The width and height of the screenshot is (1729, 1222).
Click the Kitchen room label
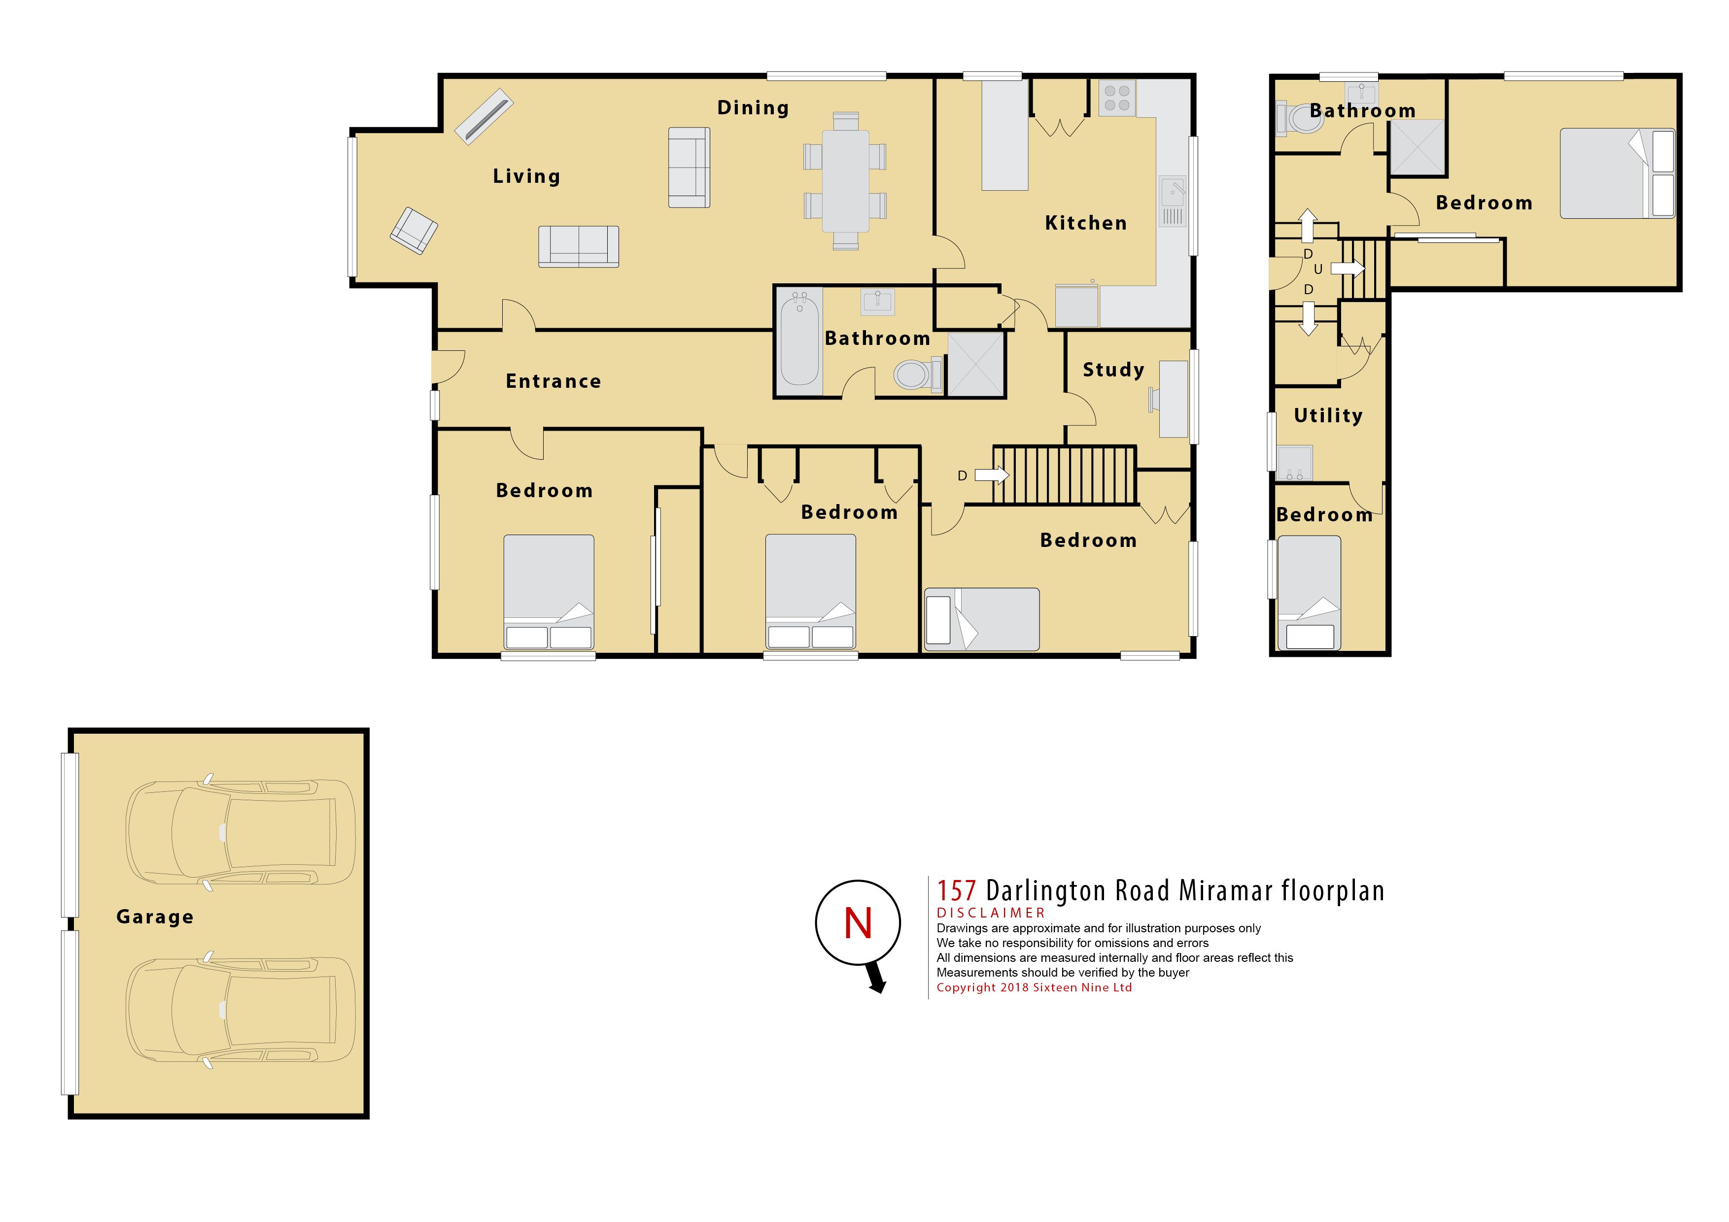pyautogui.click(x=1085, y=223)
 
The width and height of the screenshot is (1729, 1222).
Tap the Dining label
pyautogui.click(x=753, y=108)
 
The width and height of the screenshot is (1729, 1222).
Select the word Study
pyautogui.click(x=1113, y=370)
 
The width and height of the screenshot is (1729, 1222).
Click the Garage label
pyautogui.click(x=155, y=917)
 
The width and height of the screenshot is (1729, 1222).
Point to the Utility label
pyautogui.click(x=1328, y=415)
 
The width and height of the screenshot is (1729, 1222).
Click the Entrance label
pyautogui.click(x=553, y=382)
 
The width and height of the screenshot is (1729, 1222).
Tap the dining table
pyautogui.click(x=845, y=181)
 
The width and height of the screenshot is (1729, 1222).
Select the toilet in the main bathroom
pyautogui.click(x=918, y=373)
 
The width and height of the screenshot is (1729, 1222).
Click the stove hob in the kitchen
pyautogui.click(x=1117, y=98)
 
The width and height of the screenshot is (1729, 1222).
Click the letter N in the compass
pyautogui.click(x=858, y=923)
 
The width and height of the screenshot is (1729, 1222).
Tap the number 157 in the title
pyautogui.click(x=956, y=891)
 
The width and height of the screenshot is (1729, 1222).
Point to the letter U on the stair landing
pyautogui.click(x=1318, y=270)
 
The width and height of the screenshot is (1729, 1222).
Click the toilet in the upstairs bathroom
pyautogui.click(x=1301, y=119)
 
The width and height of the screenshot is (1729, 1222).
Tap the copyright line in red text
pyautogui.click(x=1034, y=988)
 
